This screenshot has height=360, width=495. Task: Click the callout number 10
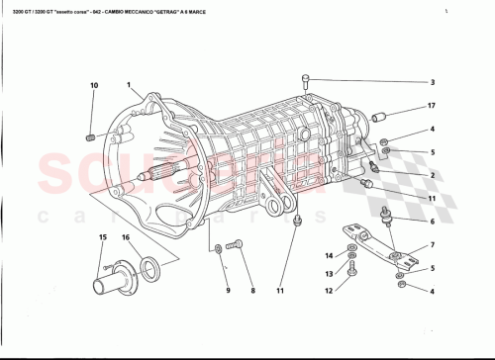click(x=94, y=86)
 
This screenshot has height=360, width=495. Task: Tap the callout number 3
click(x=432, y=82)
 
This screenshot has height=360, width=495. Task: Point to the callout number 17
click(x=432, y=106)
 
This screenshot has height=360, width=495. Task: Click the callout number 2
click(x=432, y=175)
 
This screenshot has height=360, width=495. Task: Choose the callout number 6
click(x=432, y=223)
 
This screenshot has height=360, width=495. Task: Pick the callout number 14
click(x=329, y=256)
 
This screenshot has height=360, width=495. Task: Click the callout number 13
click(x=329, y=273)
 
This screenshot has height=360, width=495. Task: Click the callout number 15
click(x=102, y=236)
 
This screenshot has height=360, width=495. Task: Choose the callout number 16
click(x=126, y=236)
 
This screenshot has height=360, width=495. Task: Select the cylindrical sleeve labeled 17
click(x=378, y=118)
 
